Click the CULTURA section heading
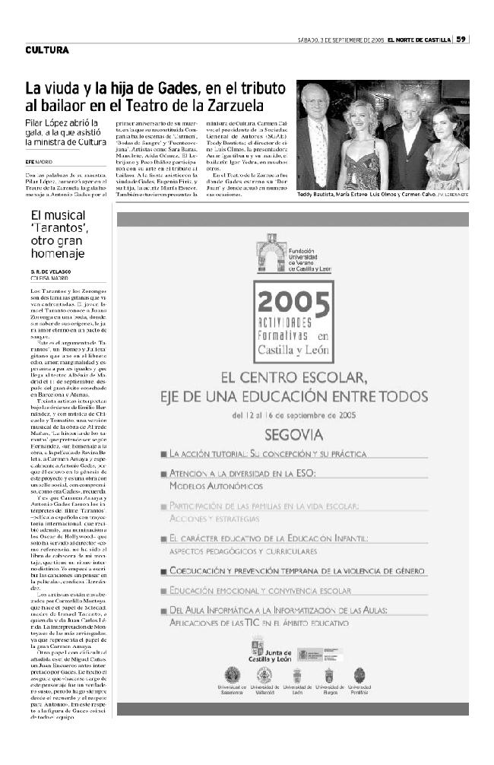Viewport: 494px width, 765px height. click(47, 51)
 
